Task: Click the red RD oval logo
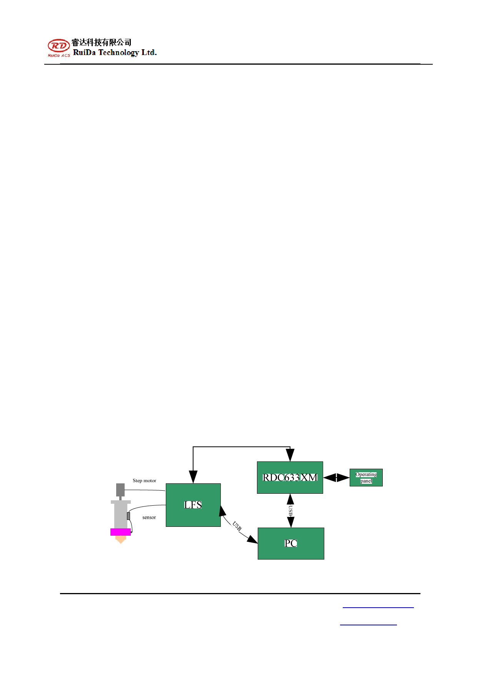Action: pos(58,46)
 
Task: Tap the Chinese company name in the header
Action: pos(102,42)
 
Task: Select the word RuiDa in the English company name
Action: pos(84,53)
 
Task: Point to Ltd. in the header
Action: pos(149,53)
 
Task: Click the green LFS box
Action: pos(193,505)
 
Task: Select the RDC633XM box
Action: pos(290,478)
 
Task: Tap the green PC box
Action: pos(291,543)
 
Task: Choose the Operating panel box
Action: pos(366,478)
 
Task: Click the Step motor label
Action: pos(144,481)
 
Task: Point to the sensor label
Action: pos(149,518)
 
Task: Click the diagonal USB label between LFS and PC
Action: pos(237,526)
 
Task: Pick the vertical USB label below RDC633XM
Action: pos(291,511)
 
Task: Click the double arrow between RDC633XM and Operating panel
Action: pos(337,478)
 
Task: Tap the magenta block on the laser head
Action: pos(120,532)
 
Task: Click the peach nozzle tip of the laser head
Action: pos(121,540)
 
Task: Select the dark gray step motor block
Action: pos(120,490)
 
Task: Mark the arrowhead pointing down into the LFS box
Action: pos(193,477)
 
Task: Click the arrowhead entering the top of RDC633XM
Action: pos(290,455)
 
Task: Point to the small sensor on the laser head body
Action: pos(128,516)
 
